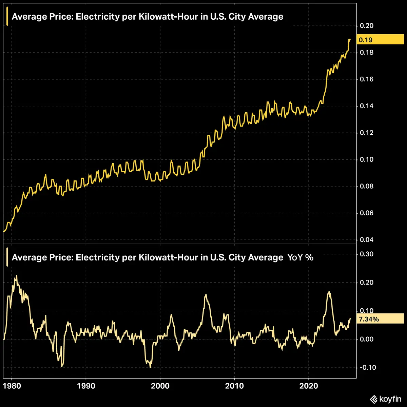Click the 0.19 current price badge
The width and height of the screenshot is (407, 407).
pos(380,40)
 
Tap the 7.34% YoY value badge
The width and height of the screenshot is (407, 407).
pos(380,319)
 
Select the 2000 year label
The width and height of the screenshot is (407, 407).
pos(160,386)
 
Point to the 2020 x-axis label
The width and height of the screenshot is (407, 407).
pos(309,386)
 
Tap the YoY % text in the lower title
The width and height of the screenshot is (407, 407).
pos(300,257)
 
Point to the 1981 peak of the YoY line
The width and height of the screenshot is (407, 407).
pos(16,275)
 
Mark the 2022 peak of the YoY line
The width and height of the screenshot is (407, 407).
pos(329,292)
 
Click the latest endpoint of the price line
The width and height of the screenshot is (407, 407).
pos(350,39)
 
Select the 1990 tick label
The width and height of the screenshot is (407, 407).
pos(86,386)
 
